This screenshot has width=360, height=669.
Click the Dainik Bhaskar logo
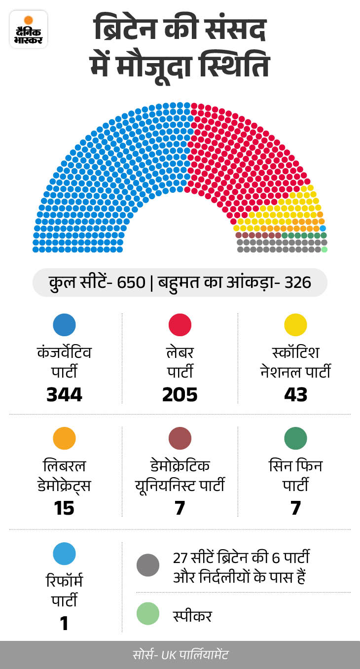[29, 29]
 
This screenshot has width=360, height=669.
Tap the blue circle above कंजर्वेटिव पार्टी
[64, 325]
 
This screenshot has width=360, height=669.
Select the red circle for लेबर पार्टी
[180, 325]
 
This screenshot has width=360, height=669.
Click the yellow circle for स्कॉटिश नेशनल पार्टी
[296, 325]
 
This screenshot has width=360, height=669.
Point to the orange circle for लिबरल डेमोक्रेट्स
[64, 438]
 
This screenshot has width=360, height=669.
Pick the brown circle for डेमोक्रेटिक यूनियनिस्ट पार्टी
[180, 438]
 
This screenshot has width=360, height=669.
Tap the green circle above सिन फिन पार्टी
[296, 438]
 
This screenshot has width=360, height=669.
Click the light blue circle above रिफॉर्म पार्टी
[64, 554]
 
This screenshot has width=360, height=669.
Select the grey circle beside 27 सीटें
[148, 565]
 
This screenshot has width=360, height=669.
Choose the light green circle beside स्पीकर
[148, 614]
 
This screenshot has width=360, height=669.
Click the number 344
[64, 395]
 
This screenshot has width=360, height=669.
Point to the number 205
[180, 395]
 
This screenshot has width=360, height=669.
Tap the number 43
[296, 395]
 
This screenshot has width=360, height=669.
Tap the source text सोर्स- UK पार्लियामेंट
[180, 655]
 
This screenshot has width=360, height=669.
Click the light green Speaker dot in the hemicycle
[324, 249]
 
